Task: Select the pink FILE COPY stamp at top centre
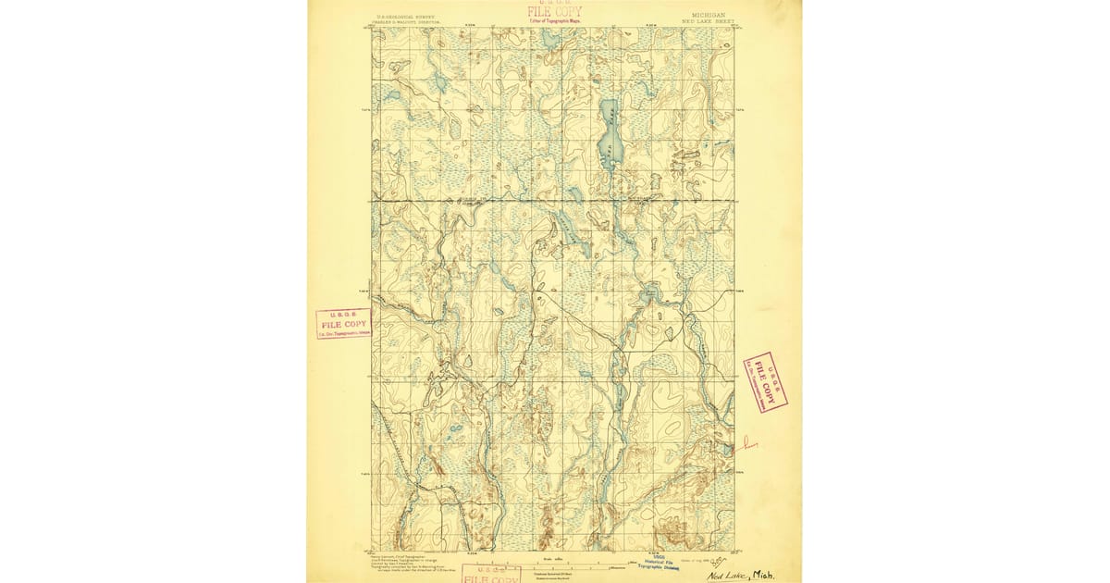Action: (x=549, y=12)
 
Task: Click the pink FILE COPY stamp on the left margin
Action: (x=343, y=324)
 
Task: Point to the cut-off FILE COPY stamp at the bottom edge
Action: (x=490, y=575)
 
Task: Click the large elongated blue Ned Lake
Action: (x=608, y=134)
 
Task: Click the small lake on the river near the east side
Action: (x=649, y=295)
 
